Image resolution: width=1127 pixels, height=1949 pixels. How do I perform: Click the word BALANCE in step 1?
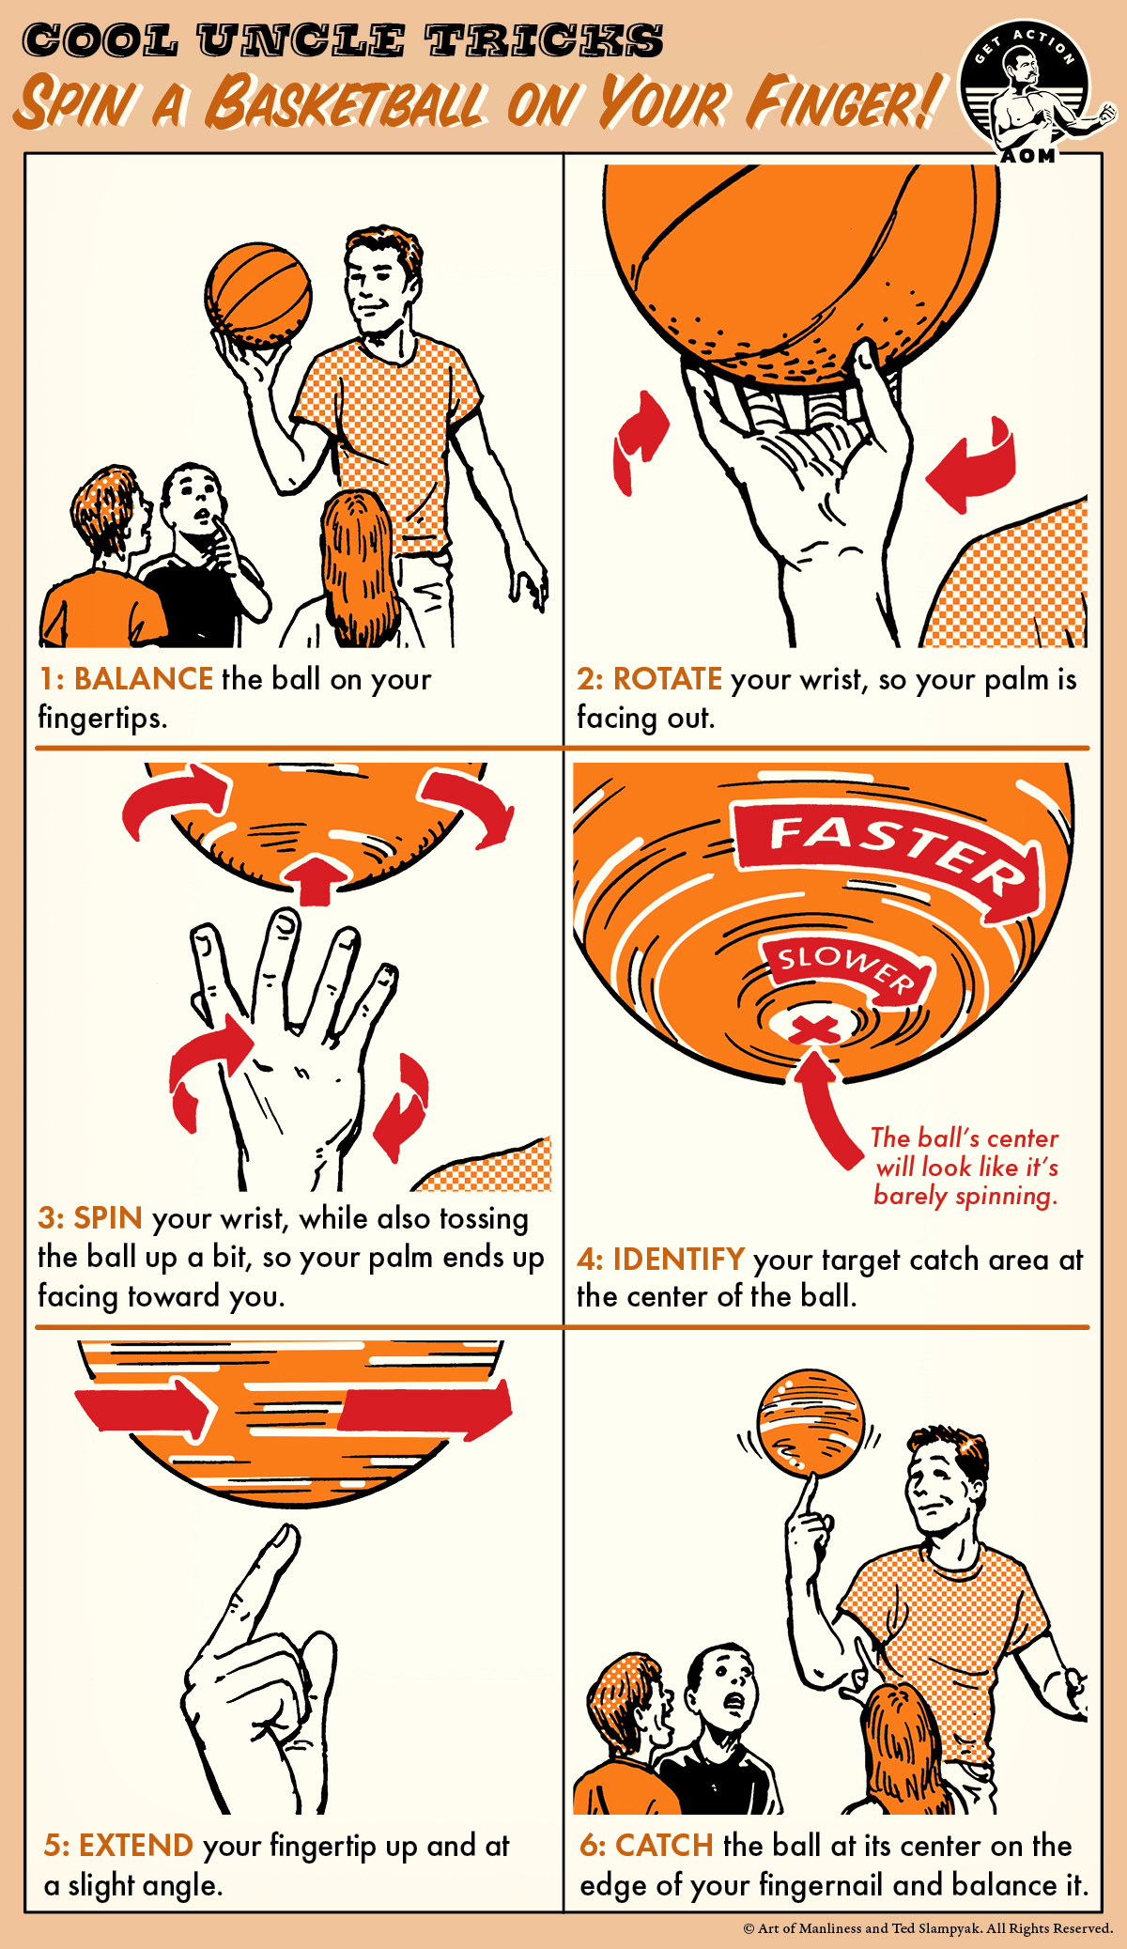click(144, 679)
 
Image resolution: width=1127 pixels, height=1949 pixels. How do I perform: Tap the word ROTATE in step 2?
click(668, 679)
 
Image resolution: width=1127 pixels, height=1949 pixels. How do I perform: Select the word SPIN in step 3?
click(108, 1218)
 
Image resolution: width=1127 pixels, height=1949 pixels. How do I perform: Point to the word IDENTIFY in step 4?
click(679, 1259)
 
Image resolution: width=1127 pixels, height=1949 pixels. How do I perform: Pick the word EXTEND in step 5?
click(136, 1846)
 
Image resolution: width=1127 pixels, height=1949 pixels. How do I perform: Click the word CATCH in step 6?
click(665, 1846)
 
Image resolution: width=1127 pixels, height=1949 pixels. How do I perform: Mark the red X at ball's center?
click(814, 1029)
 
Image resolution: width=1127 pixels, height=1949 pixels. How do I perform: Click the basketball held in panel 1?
click(258, 296)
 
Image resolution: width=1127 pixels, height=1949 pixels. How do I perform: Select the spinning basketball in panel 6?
click(810, 1420)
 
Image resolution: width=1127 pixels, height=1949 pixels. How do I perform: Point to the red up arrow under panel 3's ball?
click(316, 879)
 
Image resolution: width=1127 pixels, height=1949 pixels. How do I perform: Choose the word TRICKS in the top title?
click(545, 41)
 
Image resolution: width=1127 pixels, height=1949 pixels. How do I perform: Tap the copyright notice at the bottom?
click(927, 1928)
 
